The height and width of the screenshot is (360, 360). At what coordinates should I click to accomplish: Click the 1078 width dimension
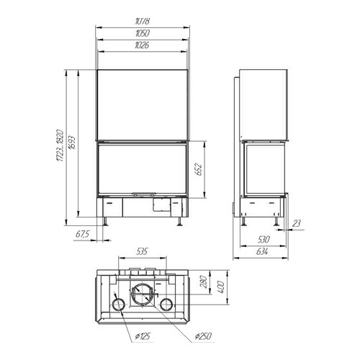143,21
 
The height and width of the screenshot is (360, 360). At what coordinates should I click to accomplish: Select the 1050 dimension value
143,33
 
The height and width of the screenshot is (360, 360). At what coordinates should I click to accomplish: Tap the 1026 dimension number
142,45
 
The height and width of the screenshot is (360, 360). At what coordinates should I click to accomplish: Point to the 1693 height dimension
71,143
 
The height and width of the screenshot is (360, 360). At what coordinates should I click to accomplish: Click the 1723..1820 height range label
60,145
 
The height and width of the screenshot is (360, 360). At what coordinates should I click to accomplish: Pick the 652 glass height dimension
199,169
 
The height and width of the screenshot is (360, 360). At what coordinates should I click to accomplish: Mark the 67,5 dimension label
82,234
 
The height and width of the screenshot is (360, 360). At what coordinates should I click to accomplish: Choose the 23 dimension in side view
297,223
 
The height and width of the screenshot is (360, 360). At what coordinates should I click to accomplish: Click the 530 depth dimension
264,239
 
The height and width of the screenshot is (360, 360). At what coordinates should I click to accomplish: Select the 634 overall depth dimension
262,251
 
